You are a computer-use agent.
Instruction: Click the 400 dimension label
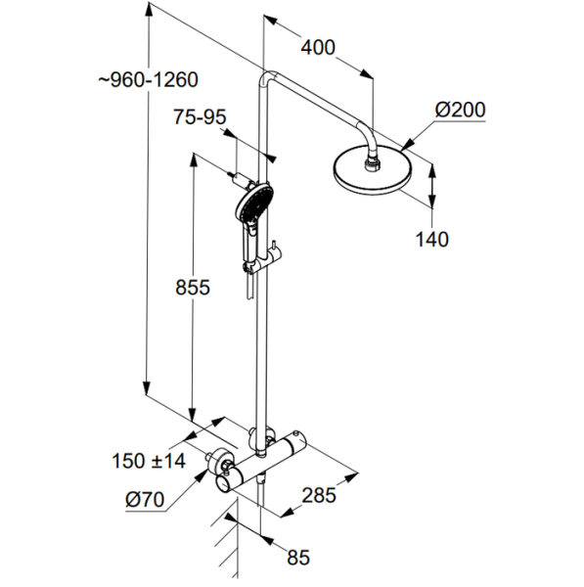pos(318,48)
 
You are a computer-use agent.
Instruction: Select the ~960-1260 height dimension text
pos(149,80)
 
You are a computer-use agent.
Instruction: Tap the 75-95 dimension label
pos(200,116)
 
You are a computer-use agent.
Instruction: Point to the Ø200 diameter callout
pos(460,110)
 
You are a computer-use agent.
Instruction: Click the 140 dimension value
pos(432,240)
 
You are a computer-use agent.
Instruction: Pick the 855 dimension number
pos(193,288)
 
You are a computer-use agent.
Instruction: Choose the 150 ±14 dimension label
pos(149,461)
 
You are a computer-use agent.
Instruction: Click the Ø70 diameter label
pos(145,499)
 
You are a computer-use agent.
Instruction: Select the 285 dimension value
pos(319,495)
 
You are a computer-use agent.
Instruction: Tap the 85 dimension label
pos(298,558)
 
